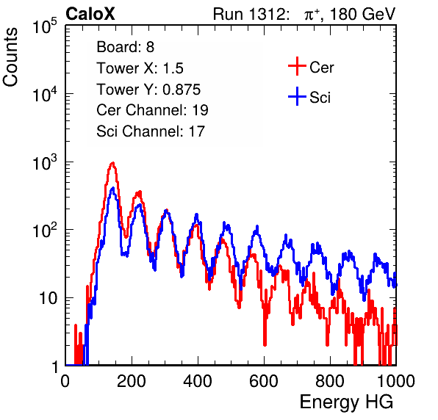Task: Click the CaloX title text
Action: click(90, 14)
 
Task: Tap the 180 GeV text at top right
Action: click(363, 14)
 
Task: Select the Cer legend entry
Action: click(311, 67)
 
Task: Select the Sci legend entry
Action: click(309, 97)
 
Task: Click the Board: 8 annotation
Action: click(126, 47)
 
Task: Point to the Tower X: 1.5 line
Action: click(140, 68)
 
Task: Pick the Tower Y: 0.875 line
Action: click(148, 90)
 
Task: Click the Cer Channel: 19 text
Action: click(153, 110)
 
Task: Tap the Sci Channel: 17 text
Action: click(151, 131)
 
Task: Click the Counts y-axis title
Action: click(10, 57)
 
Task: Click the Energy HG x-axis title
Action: click(346, 402)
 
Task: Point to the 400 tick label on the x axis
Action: click(198, 381)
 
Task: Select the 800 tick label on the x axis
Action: click(330, 381)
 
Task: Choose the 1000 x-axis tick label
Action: click(396, 381)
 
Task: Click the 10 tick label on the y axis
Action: click(49, 298)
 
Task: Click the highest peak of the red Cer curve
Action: click(112, 162)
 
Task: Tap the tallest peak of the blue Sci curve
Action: click(112, 188)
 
